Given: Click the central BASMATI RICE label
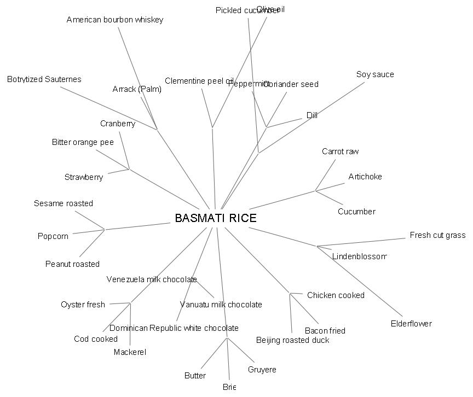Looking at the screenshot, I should point(216,218).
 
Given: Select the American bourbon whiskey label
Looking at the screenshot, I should point(115,20).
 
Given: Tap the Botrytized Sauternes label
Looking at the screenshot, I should point(44,79).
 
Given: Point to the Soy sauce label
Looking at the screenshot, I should point(375,74).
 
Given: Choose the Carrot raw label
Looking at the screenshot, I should point(341,151).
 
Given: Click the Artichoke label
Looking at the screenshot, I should point(365,177).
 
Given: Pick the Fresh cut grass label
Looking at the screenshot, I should point(437,235).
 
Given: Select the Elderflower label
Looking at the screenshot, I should point(411,324).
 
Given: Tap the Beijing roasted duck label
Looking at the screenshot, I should point(293,340).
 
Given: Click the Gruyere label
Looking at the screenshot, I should point(262,370).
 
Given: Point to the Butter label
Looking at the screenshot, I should point(195,376).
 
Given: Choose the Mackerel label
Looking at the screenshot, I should point(130,352).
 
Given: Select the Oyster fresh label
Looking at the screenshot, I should point(83,305).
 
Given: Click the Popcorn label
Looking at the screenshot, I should point(53,236).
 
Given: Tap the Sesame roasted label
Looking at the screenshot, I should point(64,203).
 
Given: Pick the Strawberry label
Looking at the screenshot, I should point(84,177).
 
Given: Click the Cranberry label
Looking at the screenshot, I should point(118,124).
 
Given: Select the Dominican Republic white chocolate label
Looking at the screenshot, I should point(174,328).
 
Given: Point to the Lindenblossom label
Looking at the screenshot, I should point(360,256).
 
